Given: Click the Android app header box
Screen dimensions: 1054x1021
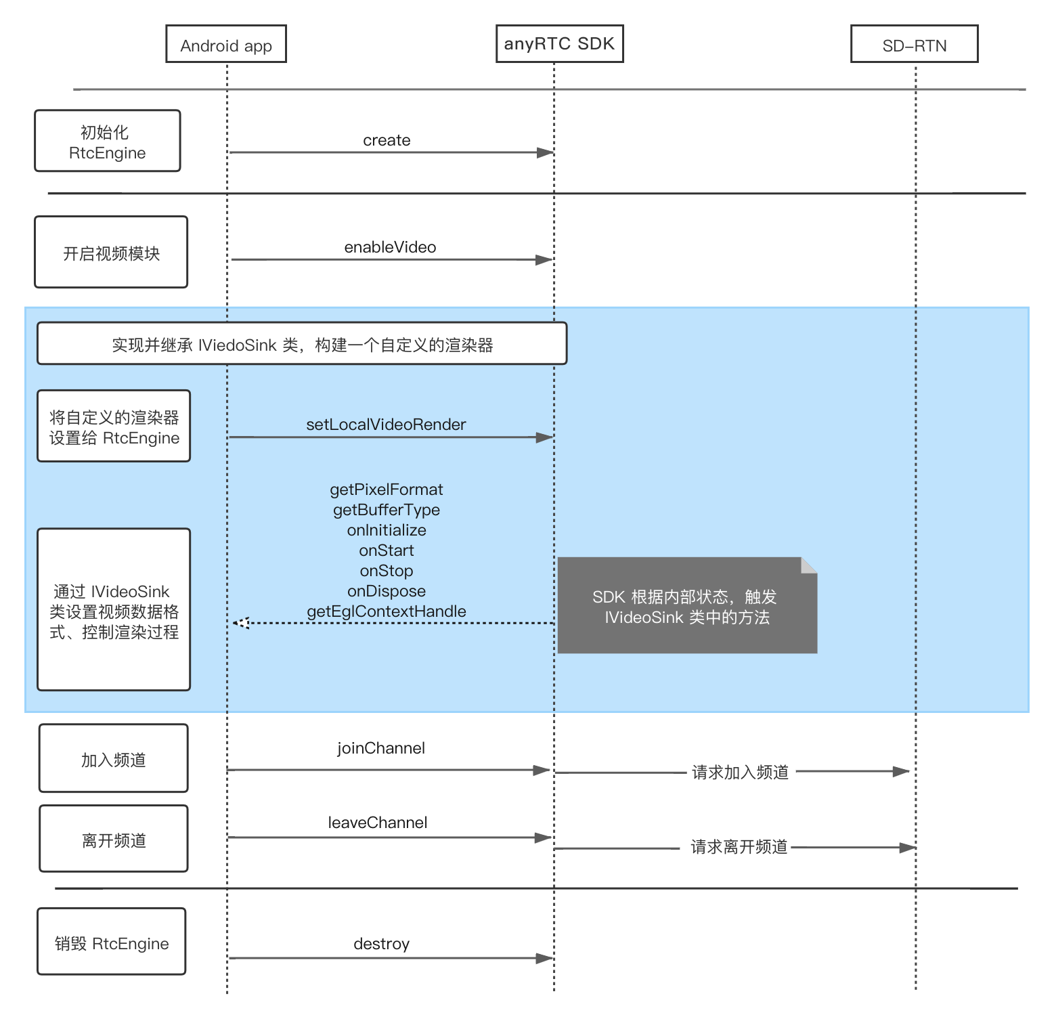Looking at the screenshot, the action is tap(226, 44).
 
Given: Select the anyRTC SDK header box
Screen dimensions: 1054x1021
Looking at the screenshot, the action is tap(559, 44).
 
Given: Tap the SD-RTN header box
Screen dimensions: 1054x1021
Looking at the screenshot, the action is tap(914, 44).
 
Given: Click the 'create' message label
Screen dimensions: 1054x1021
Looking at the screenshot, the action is tap(387, 140).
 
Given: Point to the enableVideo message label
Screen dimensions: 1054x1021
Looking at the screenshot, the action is tap(390, 247).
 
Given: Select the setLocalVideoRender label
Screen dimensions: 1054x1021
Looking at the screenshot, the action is tap(386, 425).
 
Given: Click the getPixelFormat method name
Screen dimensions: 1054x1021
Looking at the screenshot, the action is tap(387, 490).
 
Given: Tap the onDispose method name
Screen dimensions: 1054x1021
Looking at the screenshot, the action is tap(387, 591).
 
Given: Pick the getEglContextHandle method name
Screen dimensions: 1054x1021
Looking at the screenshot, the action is tap(387, 611).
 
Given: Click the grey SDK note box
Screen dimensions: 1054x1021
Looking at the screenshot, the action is tap(687, 605).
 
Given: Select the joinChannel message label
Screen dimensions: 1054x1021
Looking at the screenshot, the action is tap(381, 748).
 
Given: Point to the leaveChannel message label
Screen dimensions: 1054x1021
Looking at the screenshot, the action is tap(378, 823).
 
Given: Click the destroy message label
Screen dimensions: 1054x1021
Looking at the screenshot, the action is tap(381, 944).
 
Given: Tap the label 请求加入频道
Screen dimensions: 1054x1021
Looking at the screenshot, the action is tap(741, 773).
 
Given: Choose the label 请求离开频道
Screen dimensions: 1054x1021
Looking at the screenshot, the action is tap(739, 847).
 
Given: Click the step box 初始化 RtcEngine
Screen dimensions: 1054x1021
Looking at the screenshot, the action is tap(108, 141).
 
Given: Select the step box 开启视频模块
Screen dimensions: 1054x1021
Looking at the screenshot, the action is tap(111, 252).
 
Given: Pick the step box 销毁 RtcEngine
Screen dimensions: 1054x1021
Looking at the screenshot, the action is tap(112, 941).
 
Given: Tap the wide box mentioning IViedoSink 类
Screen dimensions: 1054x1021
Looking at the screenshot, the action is tap(302, 343).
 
